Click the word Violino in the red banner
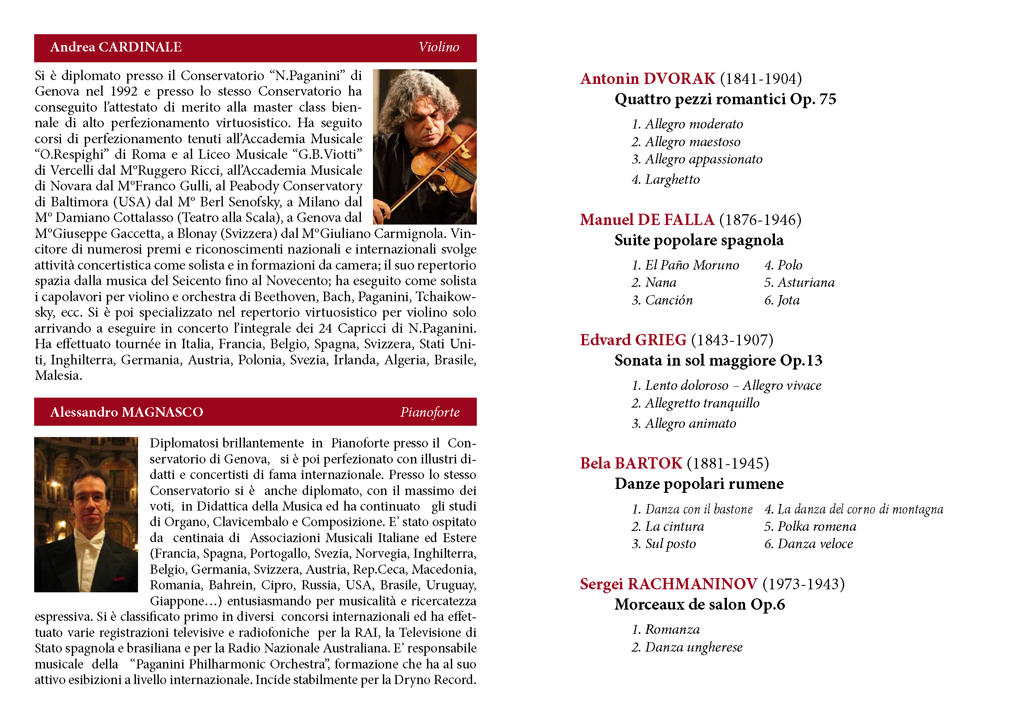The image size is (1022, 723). tap(438, 47)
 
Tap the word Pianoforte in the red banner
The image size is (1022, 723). tap(430, 412)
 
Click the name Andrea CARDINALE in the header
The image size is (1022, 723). tap(116, 47)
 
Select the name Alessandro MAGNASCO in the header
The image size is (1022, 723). tap(126, 412)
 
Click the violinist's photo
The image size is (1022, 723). tap(424, 147)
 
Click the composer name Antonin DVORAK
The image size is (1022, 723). tap(647, 79)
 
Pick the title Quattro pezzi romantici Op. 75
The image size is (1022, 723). tap(725, 99)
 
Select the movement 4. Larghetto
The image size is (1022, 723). tap(665, 180)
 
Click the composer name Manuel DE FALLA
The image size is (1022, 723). tap(647, 220)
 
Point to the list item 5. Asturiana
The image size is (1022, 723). tap(799, 283)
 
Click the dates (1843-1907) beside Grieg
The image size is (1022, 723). tap(732, 340)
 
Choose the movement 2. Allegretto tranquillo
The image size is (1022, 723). tap(695, 403)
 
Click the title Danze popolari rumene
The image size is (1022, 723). tap(699, 484)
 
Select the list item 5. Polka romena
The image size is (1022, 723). tap(810, 527)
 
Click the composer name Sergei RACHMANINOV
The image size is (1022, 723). tap(668, 584)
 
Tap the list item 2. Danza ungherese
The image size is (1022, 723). tap(687, 647)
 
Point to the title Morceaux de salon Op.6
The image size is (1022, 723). tap(699, 604)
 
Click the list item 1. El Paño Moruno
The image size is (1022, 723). tap(685, 265)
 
